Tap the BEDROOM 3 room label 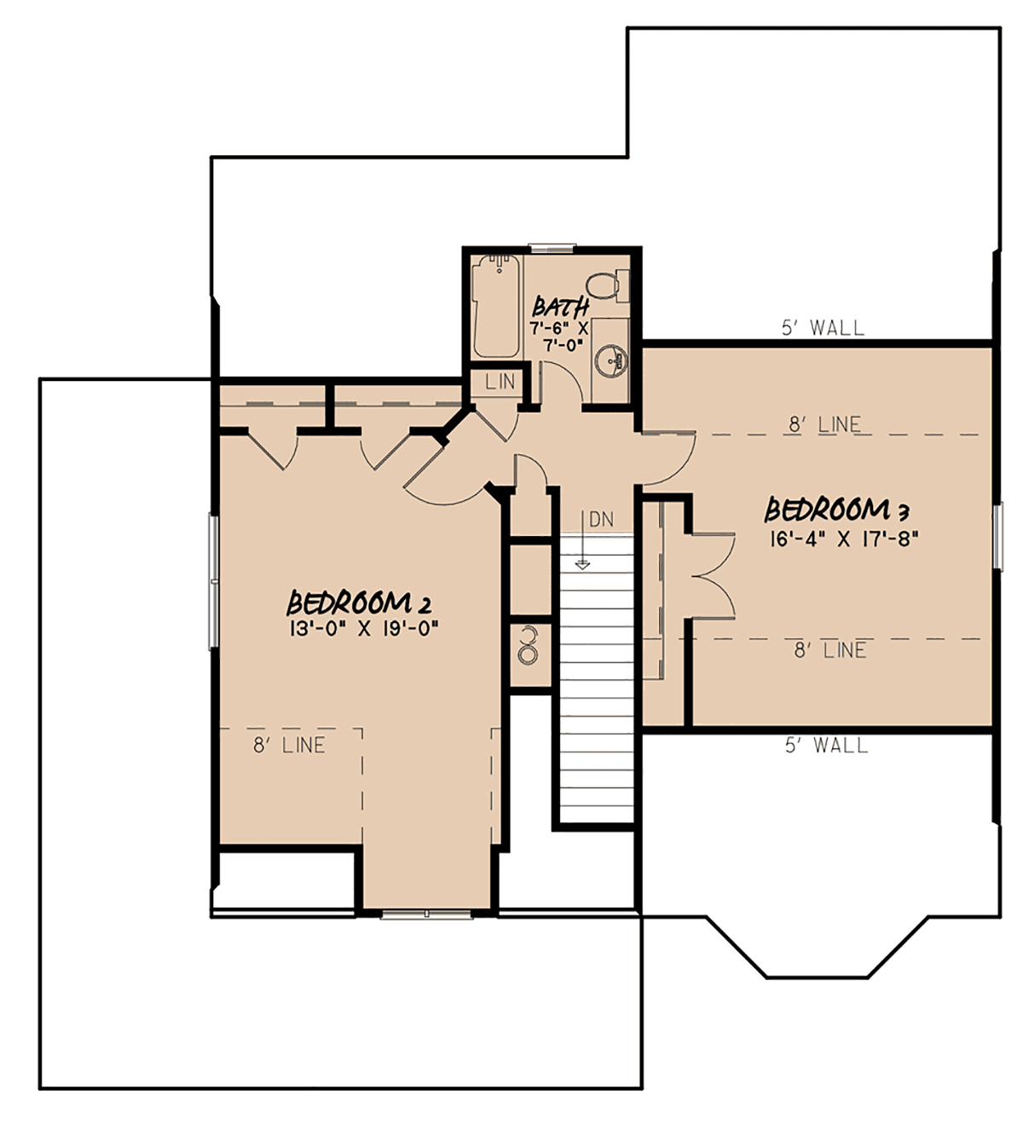[x=837, y=510]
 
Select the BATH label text [x=560, y=307]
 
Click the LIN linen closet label [x=500, y=382]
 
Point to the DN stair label [x=602, y=519]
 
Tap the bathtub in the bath [x=496, y=306]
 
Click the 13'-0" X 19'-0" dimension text [x=364, y=629]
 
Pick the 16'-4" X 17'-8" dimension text [x=843, y=539]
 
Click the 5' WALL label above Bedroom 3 [x=824, y=327]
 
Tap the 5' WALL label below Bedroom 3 [x=827, y=745]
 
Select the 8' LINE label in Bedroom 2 [x=289, y=745]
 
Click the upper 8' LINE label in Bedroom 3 [x=825, y=424]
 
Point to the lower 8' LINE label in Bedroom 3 [x=830, y=650]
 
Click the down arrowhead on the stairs [x=582, y=565]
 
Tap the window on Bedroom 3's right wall [x=997, y=536]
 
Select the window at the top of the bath [x=552, y=247]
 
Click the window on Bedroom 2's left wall [x=214, y=580]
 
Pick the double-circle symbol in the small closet [x=528, y=645]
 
